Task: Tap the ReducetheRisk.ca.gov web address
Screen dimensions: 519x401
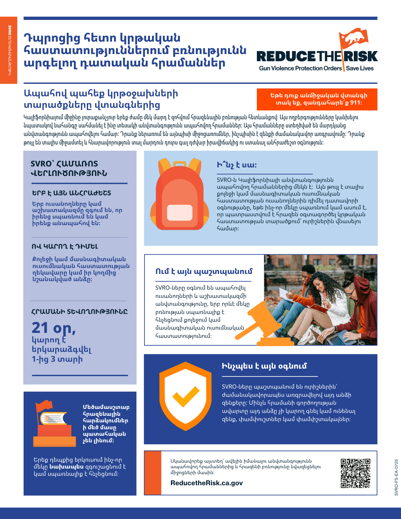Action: click(x=206, y=483)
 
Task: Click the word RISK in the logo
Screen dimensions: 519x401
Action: click(x=361, y=56)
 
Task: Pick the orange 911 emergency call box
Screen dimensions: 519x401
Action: click(x=317, y=99)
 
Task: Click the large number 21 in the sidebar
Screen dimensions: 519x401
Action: click(x=40, y=328)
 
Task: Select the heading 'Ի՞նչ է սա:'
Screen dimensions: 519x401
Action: click(x=237, y=165)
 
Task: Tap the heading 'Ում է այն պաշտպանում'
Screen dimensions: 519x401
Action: click(x=204, y=272)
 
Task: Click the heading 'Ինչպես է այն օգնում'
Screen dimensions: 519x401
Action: click(x=264, y=366)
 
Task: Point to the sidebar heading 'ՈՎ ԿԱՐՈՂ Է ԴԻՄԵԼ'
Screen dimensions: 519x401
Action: click(x=65, y=246)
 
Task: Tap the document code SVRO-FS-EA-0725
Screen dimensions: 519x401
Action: click(x=396, y=477)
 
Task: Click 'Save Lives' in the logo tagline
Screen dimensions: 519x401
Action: click(x=360, y=68)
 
